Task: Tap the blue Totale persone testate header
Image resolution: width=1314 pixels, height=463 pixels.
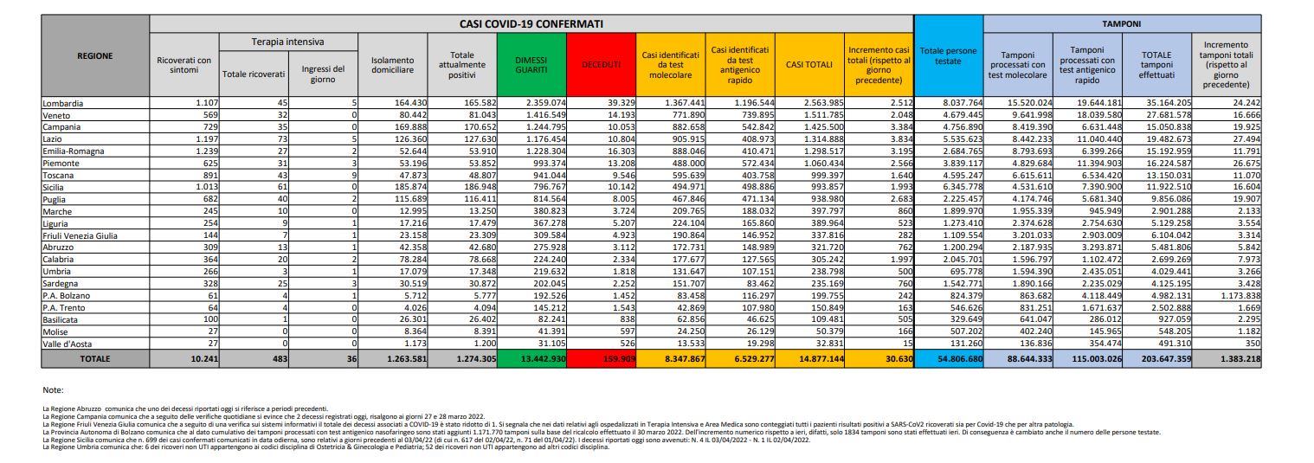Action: pos(948,56)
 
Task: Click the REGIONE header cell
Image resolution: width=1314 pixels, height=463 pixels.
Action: pos(95,55)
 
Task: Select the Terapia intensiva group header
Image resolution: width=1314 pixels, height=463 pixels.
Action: pos(287,42)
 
